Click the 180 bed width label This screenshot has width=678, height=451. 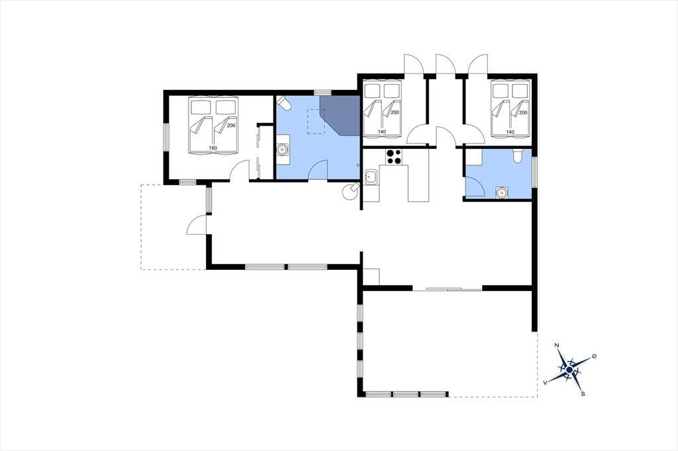[x=213, y=147]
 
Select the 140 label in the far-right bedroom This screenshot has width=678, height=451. [x=510, y=132]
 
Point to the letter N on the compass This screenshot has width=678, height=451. [x=557, y=345]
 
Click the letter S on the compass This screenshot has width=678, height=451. [x=583, y=393]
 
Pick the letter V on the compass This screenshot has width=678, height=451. [x=546, y=382]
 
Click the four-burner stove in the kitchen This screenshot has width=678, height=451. [x=393, y=157]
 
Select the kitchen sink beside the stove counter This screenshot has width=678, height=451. [x=370, y=177]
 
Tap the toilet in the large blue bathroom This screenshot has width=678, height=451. [x=283, y=102]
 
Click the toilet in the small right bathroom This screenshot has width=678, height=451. [x=517, y=155]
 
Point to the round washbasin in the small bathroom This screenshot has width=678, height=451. [x=502, y=192]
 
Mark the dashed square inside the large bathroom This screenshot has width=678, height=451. [x=316, y=122]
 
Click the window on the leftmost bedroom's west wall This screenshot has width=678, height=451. [x=166, y=138]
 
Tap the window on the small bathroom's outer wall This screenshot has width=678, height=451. [x=534, y=172]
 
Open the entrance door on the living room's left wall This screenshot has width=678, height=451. [x=197, y=225]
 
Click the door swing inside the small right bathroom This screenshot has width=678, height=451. [x=475, y=186]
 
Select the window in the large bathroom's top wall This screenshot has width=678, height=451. [x=322, y=92]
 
